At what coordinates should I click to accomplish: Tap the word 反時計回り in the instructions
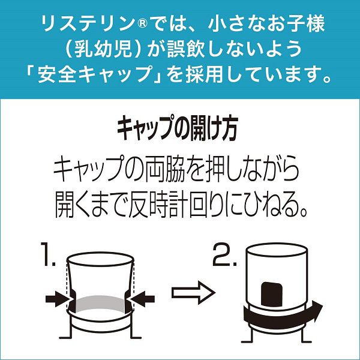tap(175, 205)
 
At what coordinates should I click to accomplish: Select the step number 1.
tap(47, 254)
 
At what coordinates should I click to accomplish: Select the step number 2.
tap(224, 254)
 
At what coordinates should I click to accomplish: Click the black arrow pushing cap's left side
tap(58, 299)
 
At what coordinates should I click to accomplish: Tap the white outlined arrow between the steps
tap(193, 293)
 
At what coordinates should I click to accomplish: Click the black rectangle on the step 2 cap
tap(272, 295)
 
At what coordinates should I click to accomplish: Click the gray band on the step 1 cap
tap(100, 302)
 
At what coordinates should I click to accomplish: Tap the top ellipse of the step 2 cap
tap(277, 249)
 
